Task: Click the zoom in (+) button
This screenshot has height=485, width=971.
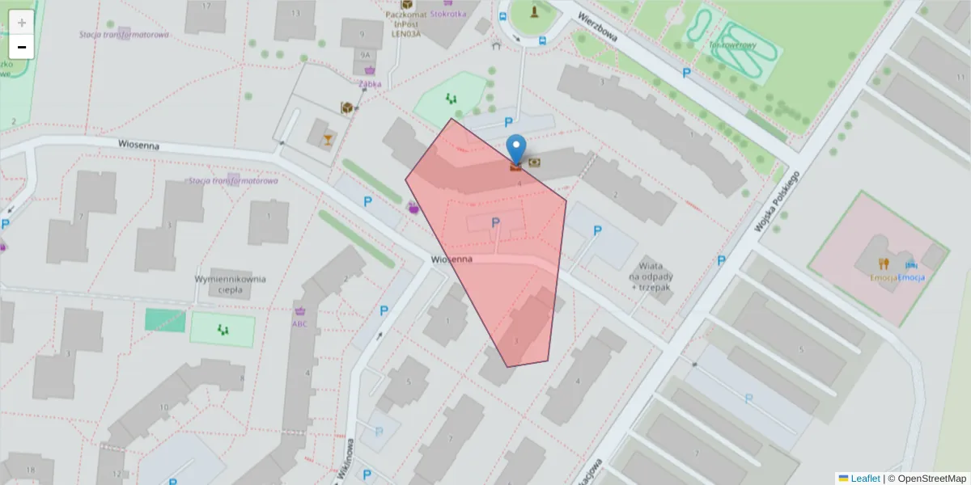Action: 22,23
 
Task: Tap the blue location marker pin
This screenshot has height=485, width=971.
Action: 515,150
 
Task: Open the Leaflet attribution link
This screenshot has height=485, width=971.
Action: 864,479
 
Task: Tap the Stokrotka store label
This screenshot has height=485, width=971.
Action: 449,14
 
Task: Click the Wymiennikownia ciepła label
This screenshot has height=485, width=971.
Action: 231,285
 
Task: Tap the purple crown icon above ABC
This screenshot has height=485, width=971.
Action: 301,310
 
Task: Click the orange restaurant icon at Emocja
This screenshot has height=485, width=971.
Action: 884,264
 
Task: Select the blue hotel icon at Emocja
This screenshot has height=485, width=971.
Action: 912,264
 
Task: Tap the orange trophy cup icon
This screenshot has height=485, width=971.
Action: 327,140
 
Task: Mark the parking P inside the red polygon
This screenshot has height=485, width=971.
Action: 495,222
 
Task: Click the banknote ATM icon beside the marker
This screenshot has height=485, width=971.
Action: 535,162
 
